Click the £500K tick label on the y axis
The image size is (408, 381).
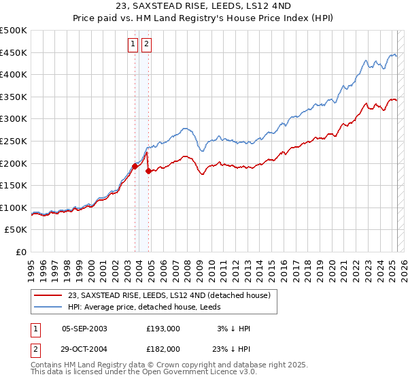click(x=14, y=31)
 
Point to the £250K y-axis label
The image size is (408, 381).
click(x=14, y=141)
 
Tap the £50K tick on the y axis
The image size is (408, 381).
click(x=16, y=230)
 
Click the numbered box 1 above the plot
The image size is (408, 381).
click(x=133, y=45)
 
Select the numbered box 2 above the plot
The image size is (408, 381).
click(x=147, y=45)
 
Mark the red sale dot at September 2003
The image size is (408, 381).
click(x=135, y=166)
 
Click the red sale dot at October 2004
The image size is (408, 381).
click(x=148, y=171)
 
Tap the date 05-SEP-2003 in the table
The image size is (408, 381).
click(x=84, y=329)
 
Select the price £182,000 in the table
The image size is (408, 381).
click(x=163, y=348)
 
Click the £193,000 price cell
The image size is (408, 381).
click(x=163, y=329)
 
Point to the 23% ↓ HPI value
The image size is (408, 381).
click(x=231, y=348)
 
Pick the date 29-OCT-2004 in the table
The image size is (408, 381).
click(x=84, y=348)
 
